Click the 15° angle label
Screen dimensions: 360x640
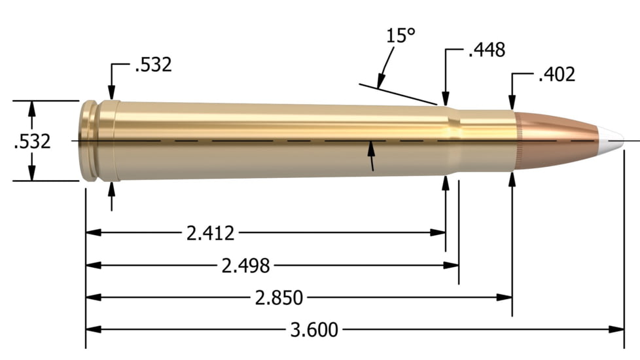pos(401,35)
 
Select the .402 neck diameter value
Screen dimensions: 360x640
pos(556,75)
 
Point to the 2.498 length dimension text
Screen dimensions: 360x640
pos(245,265)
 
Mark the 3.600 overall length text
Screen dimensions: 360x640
pos(314,329)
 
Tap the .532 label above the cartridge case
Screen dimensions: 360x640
pos(152,65)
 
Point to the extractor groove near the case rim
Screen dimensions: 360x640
pos(96,141)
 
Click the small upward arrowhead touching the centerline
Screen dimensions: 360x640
pos(371,148)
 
